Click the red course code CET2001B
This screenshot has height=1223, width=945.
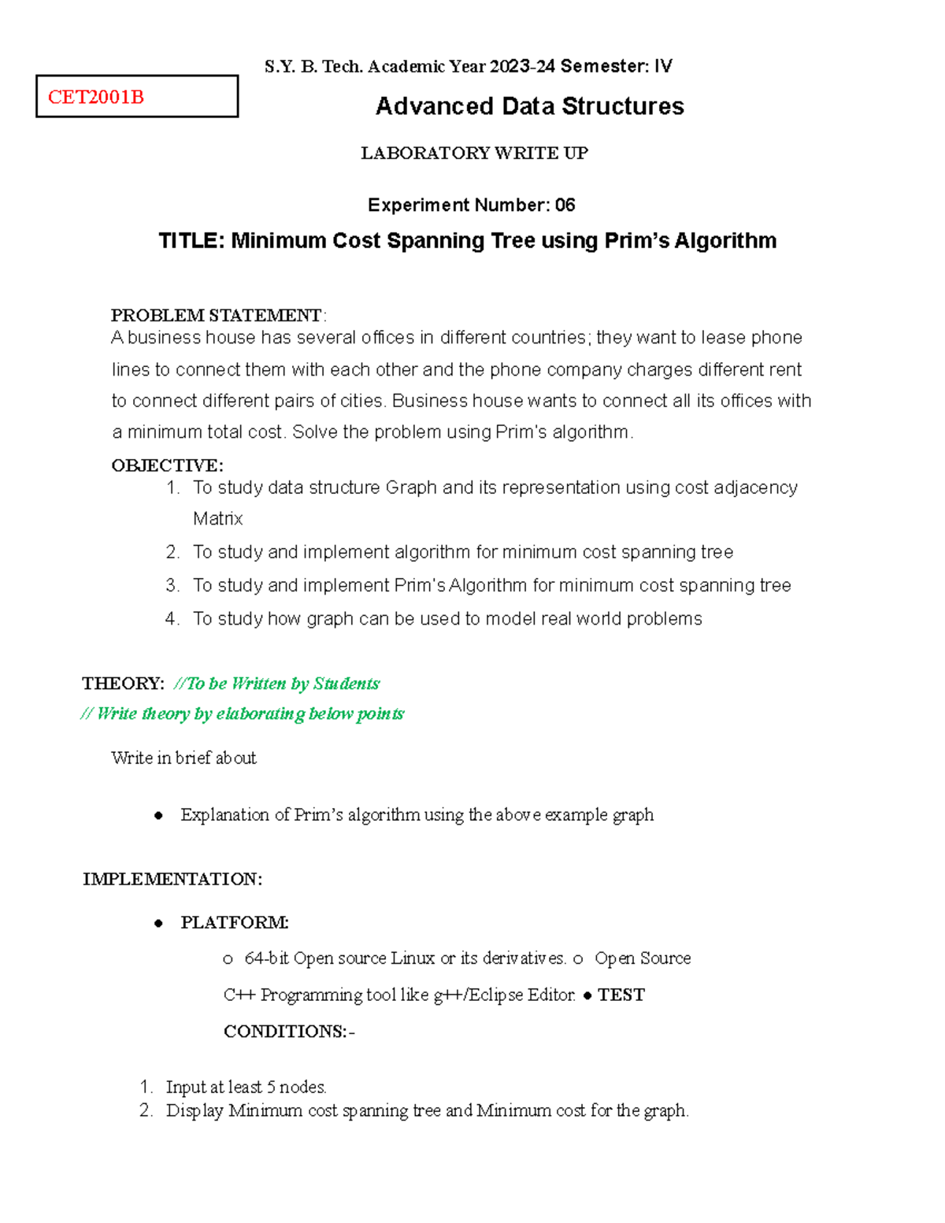coord(95,97)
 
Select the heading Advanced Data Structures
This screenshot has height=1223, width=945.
coord(529,106)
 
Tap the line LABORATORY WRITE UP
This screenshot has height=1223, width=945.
coord(474,153)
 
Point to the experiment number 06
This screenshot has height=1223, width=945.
coord(565,206)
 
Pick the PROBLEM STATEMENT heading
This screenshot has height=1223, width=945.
coord(216,315)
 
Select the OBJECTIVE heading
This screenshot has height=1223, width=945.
coord(167,465)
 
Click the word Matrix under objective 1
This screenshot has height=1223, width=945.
coord(217,519)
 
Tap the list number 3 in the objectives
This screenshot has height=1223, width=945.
coord(172,585)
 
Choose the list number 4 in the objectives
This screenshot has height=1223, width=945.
coord(172,619)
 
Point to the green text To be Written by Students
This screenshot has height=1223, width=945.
coord(283,684)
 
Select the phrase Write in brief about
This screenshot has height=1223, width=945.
coord(183,758)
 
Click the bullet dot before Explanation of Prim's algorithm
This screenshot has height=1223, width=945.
coord(158,816)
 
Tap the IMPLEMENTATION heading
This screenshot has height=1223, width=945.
coord(172,879)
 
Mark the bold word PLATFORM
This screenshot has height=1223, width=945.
coord(234,922)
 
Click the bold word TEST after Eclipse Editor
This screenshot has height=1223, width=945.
coord(621,995)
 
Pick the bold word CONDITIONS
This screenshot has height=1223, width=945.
coord(284,1032)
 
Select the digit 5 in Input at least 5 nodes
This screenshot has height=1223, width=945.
coord(271,1088)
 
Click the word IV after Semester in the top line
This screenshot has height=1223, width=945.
coord(662,66)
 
